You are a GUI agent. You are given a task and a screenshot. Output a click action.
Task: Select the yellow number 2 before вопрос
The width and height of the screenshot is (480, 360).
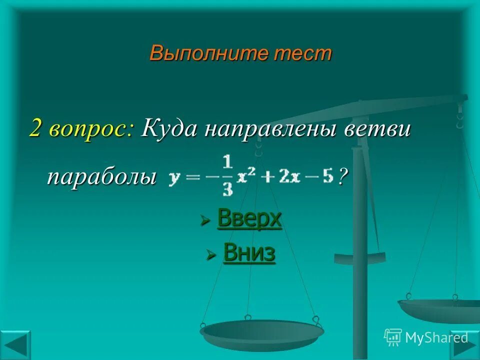point(36,129)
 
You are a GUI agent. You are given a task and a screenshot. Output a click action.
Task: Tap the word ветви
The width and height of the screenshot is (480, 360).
point(377,129)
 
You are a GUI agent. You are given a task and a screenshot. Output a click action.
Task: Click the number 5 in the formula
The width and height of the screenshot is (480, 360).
point(328,177)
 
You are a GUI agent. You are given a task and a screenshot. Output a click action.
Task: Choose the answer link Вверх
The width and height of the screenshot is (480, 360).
point(249,219)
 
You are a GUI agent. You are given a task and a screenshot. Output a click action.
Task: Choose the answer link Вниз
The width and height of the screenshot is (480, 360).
point(249,252)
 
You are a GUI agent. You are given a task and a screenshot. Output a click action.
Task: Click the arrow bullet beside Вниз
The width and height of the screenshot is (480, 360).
point(211,254)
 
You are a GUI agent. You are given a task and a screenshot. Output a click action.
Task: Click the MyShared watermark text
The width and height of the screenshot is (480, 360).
point(436,337)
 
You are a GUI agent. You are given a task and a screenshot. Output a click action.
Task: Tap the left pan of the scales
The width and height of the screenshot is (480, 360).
point(261,332)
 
